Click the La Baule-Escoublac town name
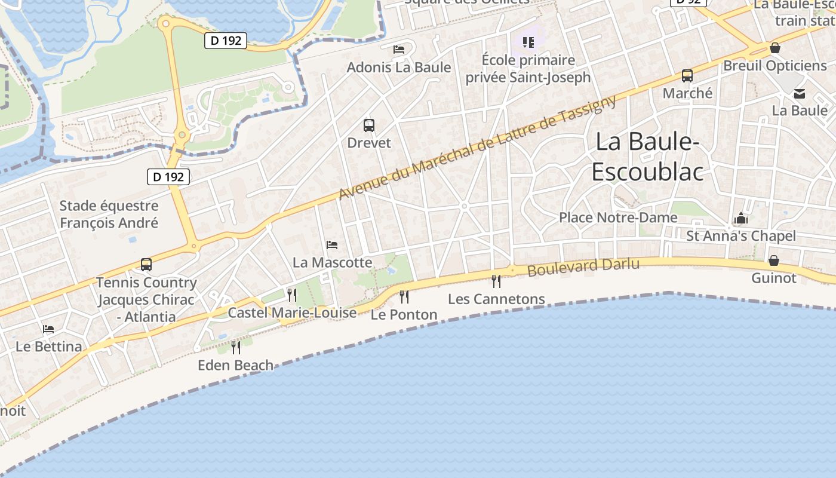(x=648, y=157)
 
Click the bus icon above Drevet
(x=369, y=125)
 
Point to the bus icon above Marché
(x=687, y=76)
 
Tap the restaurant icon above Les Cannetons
(x=496, y=281)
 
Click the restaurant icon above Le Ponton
(x=404, y=296)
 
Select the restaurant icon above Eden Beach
(x=236, y=347)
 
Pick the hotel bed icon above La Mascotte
(x=332, y=244)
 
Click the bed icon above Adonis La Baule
(x=399, y=49)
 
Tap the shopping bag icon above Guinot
(x=774, y=261)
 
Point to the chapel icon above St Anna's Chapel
(x=741, y=218)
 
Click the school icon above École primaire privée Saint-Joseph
(x=528, y=42)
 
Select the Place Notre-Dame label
(x=618, y=217)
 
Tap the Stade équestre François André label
(x=109, y=215)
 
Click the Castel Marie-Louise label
(x=292, y=312)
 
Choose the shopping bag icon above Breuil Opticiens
(x=775, y=48)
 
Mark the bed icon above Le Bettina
(x=48, y=329)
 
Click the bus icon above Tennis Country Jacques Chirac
(x=146, y=264)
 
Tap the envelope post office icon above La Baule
(x=800, y=94)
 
